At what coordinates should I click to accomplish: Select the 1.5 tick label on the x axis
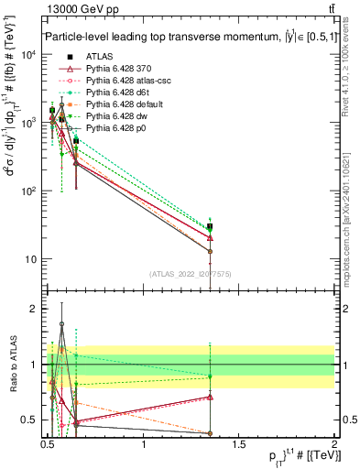[238, 443]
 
